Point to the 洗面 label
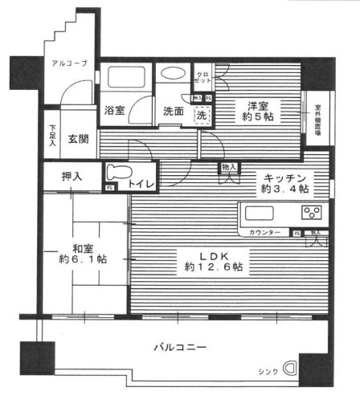pyautogui.click(x=174, y=111)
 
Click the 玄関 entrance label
pyautogui.click(x=78, y=138)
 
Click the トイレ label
pyautogui.click(x=144, y=183)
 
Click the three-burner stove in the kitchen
pyautogui.click(x=310, y=214)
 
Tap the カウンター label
pyautogui.click(x=265, y=233)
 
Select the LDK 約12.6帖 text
pyautogui.click(x=215, y=260)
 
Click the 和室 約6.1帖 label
pyautogui.click(x=83, y=253)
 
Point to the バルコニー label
pyautogui.click(x=180, y=348)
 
